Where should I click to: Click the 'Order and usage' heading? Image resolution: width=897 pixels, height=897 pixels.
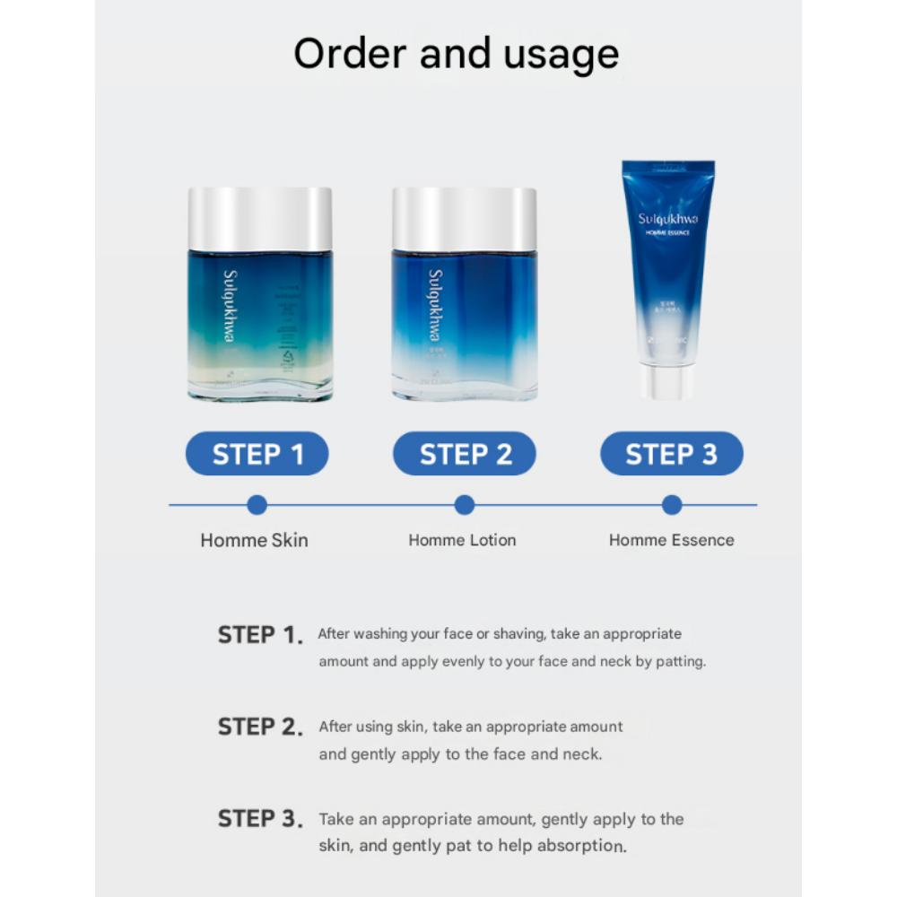click(x=456, y=55)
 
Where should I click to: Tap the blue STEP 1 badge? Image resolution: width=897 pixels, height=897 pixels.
click(x=257, y=454)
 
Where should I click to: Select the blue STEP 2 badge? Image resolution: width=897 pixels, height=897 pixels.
click(x=465, y=454)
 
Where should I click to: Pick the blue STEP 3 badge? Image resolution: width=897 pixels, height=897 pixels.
click(x=671, y=454)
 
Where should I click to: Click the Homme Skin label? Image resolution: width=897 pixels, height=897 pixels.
click(x=254, y=540)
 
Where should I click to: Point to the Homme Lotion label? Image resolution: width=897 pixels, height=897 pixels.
click(x=462, y=540)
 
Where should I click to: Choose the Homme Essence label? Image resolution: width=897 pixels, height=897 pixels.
click(x=671, y=540)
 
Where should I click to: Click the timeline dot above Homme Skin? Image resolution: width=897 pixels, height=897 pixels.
click(x=257, y=505)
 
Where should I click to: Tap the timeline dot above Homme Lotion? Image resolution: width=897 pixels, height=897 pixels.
click(x=465, y=505)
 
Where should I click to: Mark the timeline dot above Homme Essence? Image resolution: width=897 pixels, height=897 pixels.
click(x=672, y=505)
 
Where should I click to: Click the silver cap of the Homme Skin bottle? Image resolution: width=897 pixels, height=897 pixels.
click(x=260, y=219)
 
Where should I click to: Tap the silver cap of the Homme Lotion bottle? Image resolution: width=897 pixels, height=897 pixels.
click(x=465, y=219)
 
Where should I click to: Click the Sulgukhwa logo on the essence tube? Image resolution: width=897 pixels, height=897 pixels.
click(x=668, y=219)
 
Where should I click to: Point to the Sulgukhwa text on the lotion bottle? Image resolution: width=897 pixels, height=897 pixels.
click(x=436, y=305)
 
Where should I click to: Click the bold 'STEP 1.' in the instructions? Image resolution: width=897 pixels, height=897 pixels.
click(x=260, y=636)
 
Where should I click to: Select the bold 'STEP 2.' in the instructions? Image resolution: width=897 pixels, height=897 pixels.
click(x=260, y=727)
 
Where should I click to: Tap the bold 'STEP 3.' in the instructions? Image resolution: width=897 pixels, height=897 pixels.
click(x=260, y=819)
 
